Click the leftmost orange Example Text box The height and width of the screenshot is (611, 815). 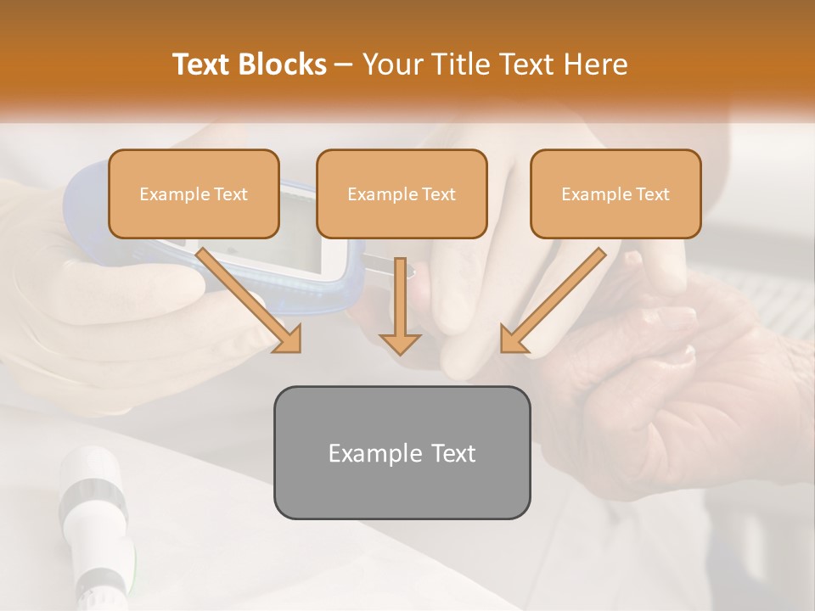click(x=194, y=193)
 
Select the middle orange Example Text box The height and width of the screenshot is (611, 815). click(x=402, y=193)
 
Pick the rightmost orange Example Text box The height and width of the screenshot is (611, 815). click(x=615, y=193)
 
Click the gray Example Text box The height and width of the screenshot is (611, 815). click(x=402, y=452)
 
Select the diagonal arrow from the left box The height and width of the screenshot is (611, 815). click(x=250, y=300)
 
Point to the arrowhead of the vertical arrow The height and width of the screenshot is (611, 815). click(x=400, y=344)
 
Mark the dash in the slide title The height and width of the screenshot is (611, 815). click(x=344, y=65)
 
